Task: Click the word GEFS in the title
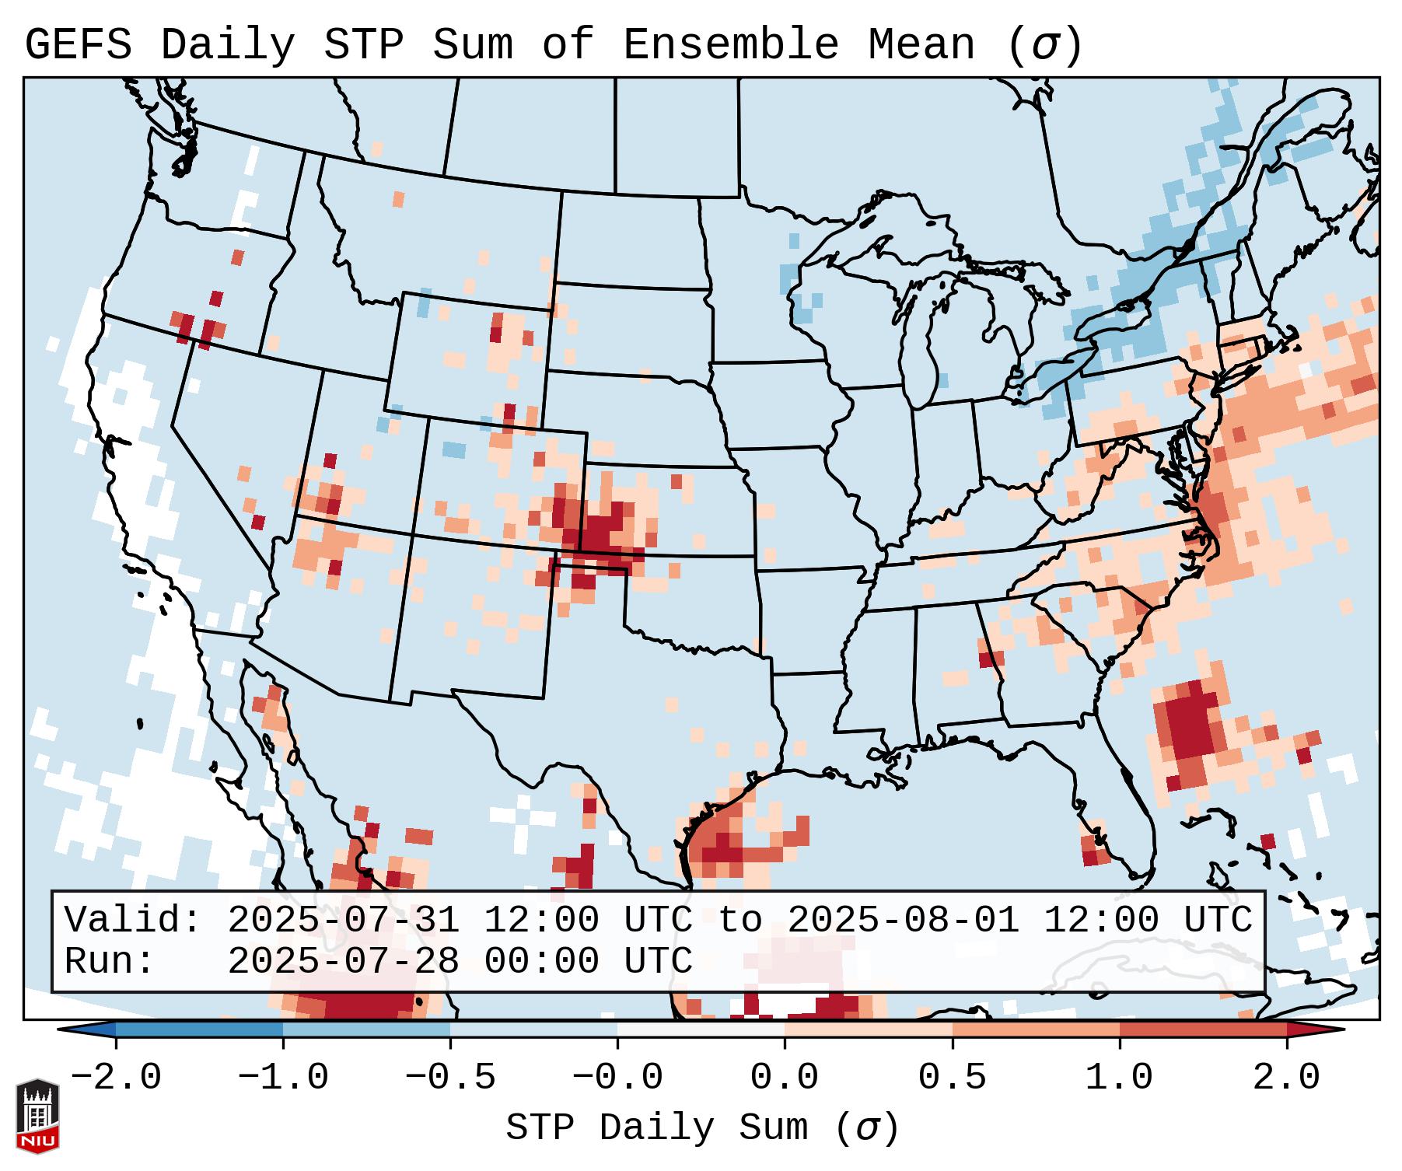pyautogui.click(x=78, y=45)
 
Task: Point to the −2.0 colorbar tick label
pyautogui.click(x=116, y=1077)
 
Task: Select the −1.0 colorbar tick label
pyautogui.click(x=283, y=1077)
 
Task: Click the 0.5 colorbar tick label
pyautogui.click(x=952, y=1077)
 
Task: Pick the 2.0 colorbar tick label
pyautogui.click(x=1287, y=1077)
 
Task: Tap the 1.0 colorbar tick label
pyautogui.click(x=1119, y=1077)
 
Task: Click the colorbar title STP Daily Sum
pyautogui.click(x=657, y=1127)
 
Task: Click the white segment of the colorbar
pyautogui.click(x=701, y=1029)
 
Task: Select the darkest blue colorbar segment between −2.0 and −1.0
pyautogui.click(x=199, y=1029)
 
